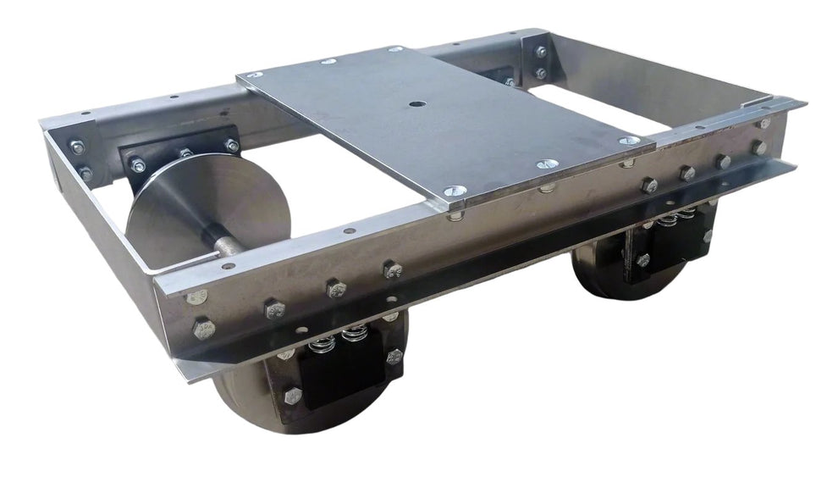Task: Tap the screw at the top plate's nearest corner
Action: point(449,192)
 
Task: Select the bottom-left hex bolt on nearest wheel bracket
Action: point(293,395)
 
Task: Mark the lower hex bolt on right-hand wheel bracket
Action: point(642,260)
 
